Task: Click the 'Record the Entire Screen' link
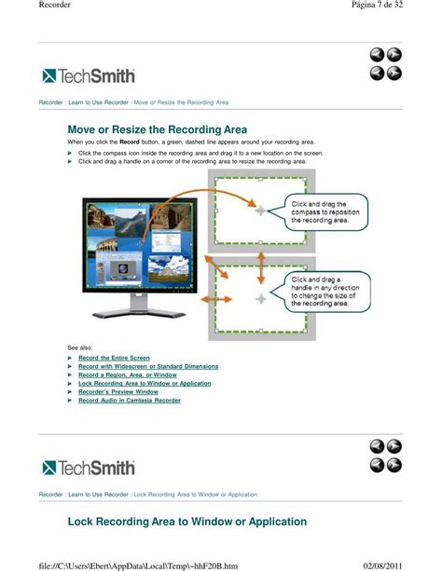click(x=114, y=358)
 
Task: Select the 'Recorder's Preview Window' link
click(x=118, y=392)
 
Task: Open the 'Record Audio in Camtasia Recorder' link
click(x=130, y=401)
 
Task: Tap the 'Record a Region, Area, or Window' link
click(x=127, y=374)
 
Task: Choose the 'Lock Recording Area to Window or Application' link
click(x=145, y=384)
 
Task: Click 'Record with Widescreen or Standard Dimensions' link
click(x=148, y=366)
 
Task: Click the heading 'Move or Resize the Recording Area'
click(x=158, y=129)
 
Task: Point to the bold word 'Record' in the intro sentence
click(x=130, y=142)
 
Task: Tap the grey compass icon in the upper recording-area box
click(x=260, y=211)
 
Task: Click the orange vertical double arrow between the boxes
click(x=261, y=268)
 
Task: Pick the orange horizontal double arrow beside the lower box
click(x=216, y=299)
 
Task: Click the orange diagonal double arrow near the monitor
click(x=216, y=267)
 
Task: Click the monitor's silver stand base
click(x=139, y=313)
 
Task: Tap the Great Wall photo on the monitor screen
click(x=131, y=222)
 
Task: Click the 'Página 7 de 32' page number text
click(x=377, y=5)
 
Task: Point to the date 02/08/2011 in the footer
click(x=383, y=566)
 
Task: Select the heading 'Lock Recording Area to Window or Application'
click(x=187, y=522)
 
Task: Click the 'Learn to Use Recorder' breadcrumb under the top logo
click(x=98, y=102)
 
